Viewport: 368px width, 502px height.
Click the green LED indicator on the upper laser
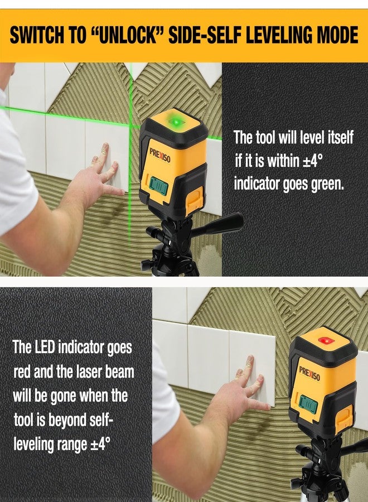tap(176, 121)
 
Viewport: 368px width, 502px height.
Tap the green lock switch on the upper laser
tap(157, 185)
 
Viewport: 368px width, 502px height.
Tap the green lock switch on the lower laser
tap(307, 403)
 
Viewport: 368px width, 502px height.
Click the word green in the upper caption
tap(327, 184)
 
